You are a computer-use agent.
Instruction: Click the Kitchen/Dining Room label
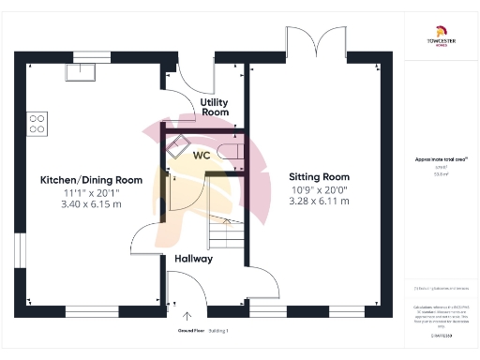tap(91, 179)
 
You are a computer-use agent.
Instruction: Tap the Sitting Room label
tap(319, 175)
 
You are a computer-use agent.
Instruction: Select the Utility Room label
tap(215, 105)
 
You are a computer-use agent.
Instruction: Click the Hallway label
tap(193, 258)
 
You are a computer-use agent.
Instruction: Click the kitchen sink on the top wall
tap(81, 70)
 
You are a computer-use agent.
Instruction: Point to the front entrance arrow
tap(187, 317)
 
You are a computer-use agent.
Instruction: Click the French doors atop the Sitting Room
tap(310, 42)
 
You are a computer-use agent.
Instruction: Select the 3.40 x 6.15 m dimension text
tap(91, 203)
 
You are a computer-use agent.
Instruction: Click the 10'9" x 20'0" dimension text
tap(319, 188)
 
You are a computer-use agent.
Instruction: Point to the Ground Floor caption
tap(192, 331)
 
